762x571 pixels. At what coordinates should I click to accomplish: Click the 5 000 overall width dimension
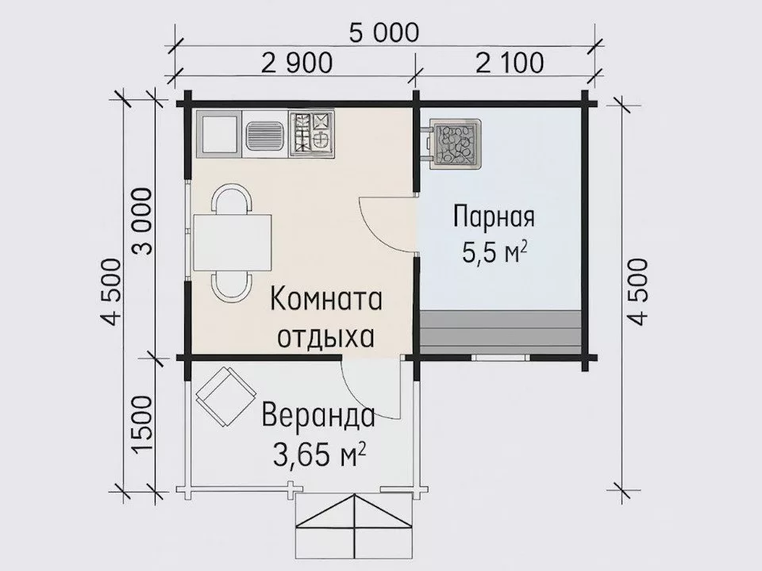383,33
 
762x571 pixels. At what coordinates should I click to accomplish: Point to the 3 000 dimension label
143,224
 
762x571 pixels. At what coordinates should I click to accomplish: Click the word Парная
494,217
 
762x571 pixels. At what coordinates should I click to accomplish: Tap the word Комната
326,301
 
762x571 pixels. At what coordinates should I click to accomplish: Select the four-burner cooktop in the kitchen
312,133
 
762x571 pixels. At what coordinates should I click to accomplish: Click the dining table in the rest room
232,242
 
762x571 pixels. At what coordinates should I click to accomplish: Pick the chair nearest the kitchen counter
232,198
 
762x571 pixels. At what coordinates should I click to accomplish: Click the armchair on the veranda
225,396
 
